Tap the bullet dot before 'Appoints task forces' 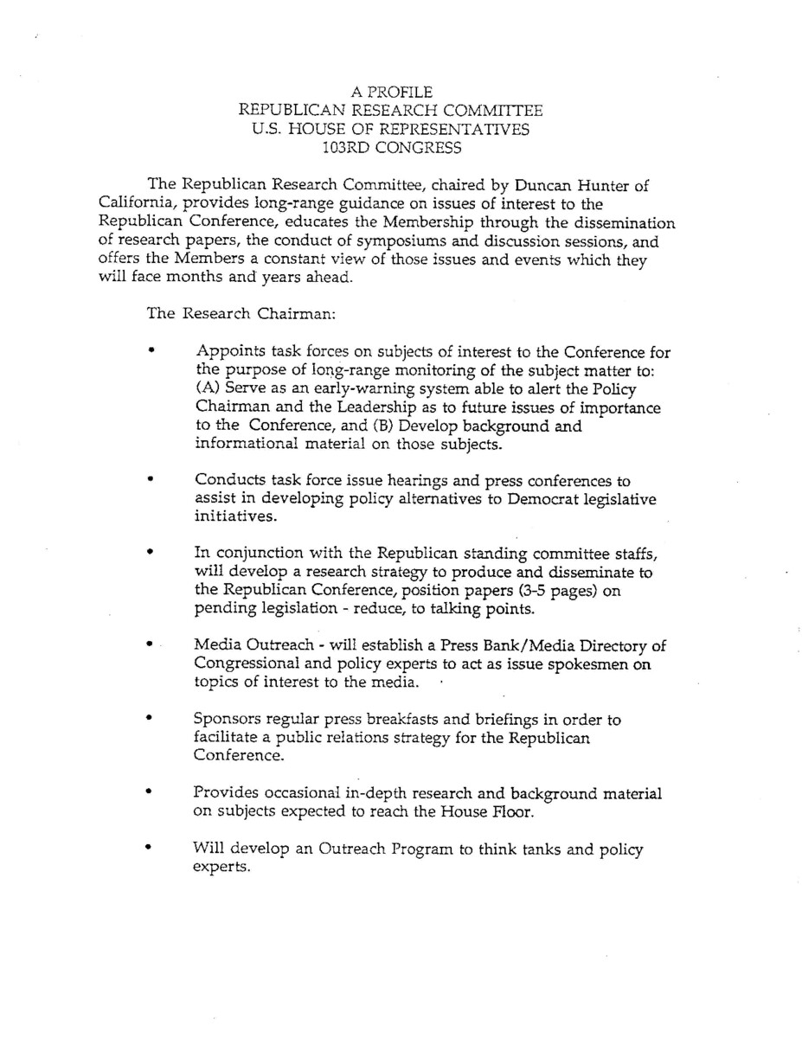tap(152, 352)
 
